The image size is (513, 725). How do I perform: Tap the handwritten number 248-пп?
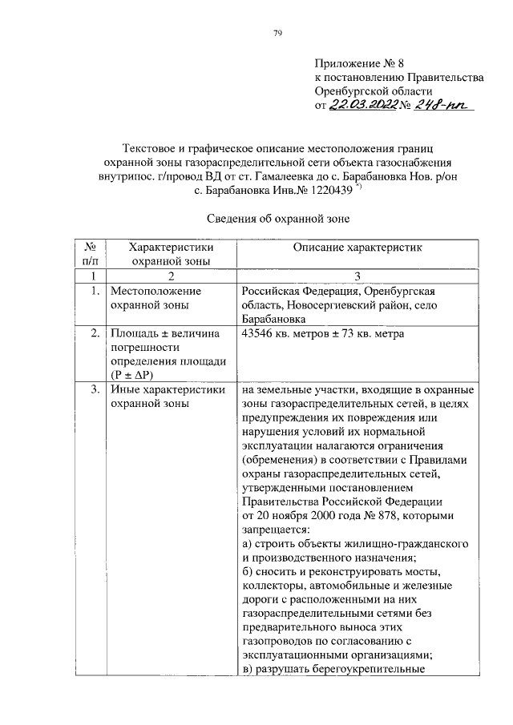[444, 106]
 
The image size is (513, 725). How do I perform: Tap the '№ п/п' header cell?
[89, 254]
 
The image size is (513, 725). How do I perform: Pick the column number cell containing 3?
[355, 276]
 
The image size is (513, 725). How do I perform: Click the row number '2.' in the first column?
[95, 333]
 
